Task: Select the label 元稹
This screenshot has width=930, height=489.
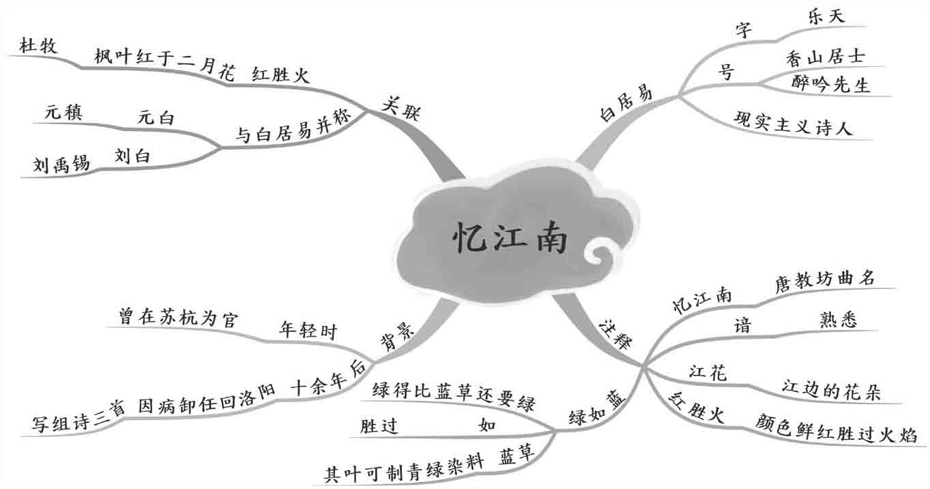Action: click(x=63, y=113)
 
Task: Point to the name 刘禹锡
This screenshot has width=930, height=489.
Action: click(x=61, y=164)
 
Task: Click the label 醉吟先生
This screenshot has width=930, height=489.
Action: click(x=831, y=84)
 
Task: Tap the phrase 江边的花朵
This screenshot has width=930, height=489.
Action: click(x=831, y=391)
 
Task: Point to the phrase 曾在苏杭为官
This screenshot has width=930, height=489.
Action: click(x=177, y=318)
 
